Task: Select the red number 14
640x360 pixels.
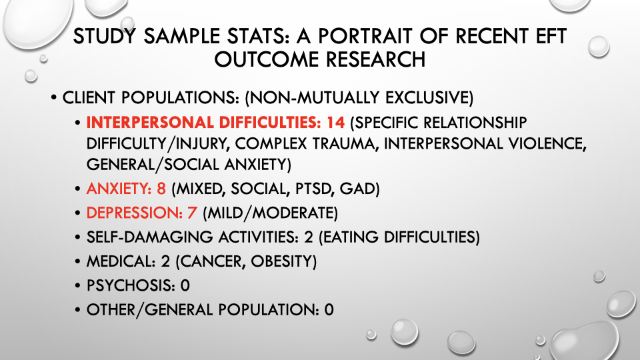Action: tap(335, 123)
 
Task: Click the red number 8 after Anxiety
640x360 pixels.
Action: tap(161, 189)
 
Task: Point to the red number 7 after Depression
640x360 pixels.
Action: tap(192, 213)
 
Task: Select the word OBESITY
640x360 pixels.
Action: tap(283, 261)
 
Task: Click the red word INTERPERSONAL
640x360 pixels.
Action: tap(150, 123)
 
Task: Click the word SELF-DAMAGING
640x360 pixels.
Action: tap(149, 237)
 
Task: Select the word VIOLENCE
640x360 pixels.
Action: tap(546, 143)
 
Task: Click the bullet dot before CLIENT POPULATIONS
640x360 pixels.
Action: tap(54, 98)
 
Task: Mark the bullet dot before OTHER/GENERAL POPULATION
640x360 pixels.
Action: tap(77, 310)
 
